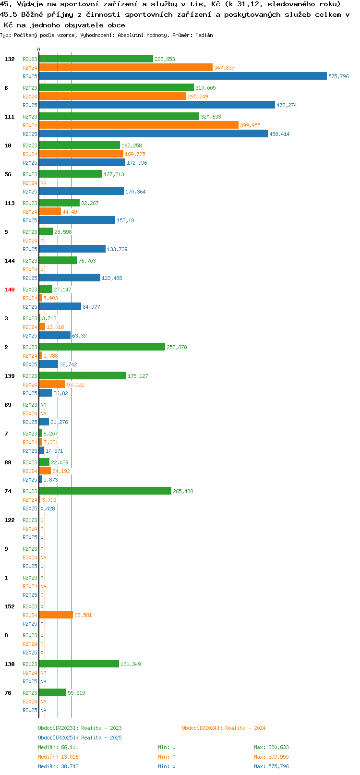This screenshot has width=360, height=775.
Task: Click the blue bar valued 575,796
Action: click(x=183, y=76)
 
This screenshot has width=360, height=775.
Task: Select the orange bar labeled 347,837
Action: click(x=126, y=68)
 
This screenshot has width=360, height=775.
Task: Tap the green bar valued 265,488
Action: click(x=105, y=491)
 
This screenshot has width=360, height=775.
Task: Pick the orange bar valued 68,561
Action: click(x=56, y=615)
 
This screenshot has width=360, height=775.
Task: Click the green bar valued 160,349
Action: click(x=79, y=664)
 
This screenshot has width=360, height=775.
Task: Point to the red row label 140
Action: click(x=9, y=290)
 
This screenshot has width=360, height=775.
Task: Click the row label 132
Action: click(x=9, y=59)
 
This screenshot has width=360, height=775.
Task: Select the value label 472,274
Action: click(x=287, y=105)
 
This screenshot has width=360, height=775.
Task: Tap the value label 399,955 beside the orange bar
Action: click(x=251, y=125)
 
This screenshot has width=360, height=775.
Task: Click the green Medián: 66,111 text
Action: click(x=58, y=747)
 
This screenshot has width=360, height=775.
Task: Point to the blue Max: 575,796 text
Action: click(x=272, y=766)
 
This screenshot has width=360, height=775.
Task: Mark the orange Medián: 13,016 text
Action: click(x=58, y=757)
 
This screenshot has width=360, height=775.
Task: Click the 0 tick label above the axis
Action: click(x=39, y=49)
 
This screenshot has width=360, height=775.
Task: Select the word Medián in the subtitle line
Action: click(x=204, y=35)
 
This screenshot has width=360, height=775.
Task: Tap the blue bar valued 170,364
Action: click(x=81, y=191)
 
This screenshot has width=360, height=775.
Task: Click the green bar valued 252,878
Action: click(x=102, y=347)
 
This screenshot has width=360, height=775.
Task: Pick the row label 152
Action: click(x=9, y=606)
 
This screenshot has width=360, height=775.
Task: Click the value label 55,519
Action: click(x=76, y=693)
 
